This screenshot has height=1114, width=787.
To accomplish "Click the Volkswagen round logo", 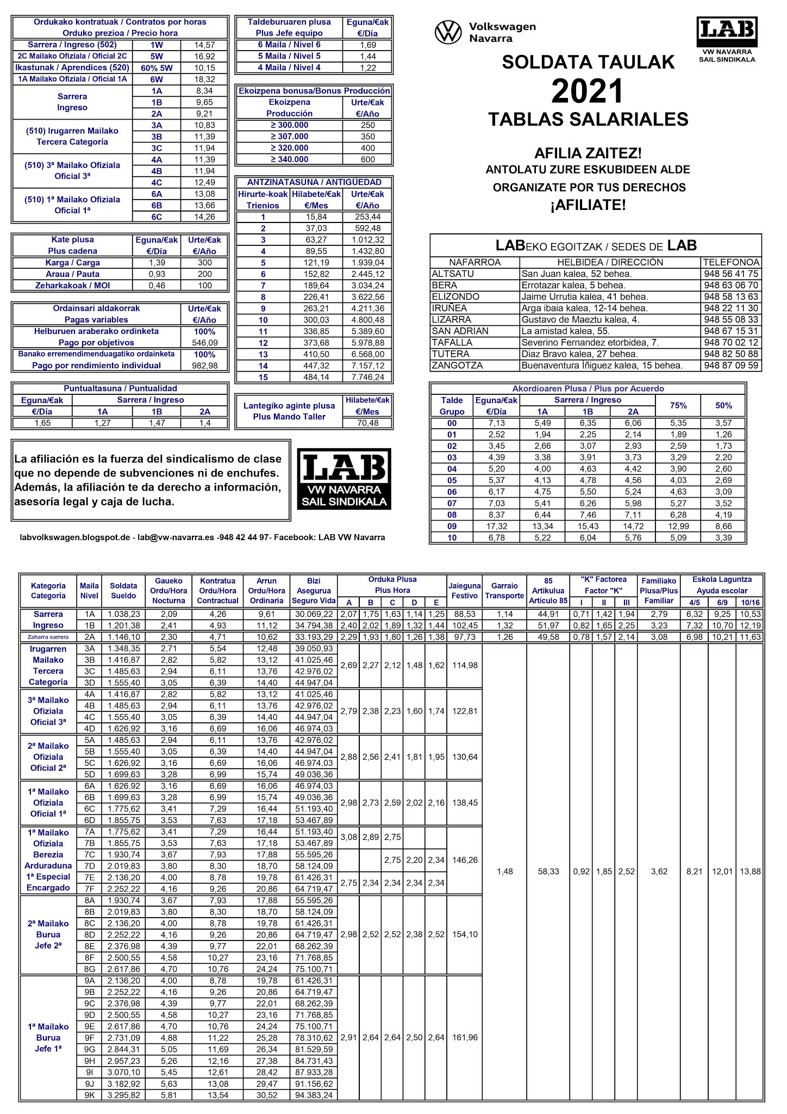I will pyautogui.click(x=448, y=32).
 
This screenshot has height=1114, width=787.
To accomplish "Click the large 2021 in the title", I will pyautogui.click(x=587, y=91).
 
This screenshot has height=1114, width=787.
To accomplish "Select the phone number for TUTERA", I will pyautogui.click(x=730, y=354).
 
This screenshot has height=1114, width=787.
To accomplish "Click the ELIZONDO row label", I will pyautogui.click(x=455, y=297).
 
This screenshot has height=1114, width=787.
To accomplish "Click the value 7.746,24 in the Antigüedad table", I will pyautogui.click(x=367, y=377).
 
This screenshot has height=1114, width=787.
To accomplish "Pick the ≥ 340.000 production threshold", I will pyautogui.click(x=289, y=160).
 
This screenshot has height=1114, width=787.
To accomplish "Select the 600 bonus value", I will pyautogui.click(x=367, y=160).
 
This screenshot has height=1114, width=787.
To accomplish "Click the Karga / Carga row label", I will pyautogui.click(x=72, y=263).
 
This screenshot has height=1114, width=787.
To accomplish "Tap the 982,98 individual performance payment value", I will pyautogui.click(x=204, y=366).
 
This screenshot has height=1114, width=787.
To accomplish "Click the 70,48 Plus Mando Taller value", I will pyautogui.click(x=367, y=423).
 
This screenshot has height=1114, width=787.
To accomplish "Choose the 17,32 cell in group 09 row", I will pyautogui.click(x=496, y=527).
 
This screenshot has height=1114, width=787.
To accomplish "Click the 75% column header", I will pyautogui.click(x=678, y=406).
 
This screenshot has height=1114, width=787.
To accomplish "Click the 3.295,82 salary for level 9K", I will pyautogui.click(x=123, y=1096).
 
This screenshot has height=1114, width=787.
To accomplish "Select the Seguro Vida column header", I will pyautogui.click(x=314, y=601).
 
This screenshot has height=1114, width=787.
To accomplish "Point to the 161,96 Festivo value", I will pyautogui.click(x=465, y=1038).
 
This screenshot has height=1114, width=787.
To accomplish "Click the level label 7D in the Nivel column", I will pyautogui.click(x=89, y=866).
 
